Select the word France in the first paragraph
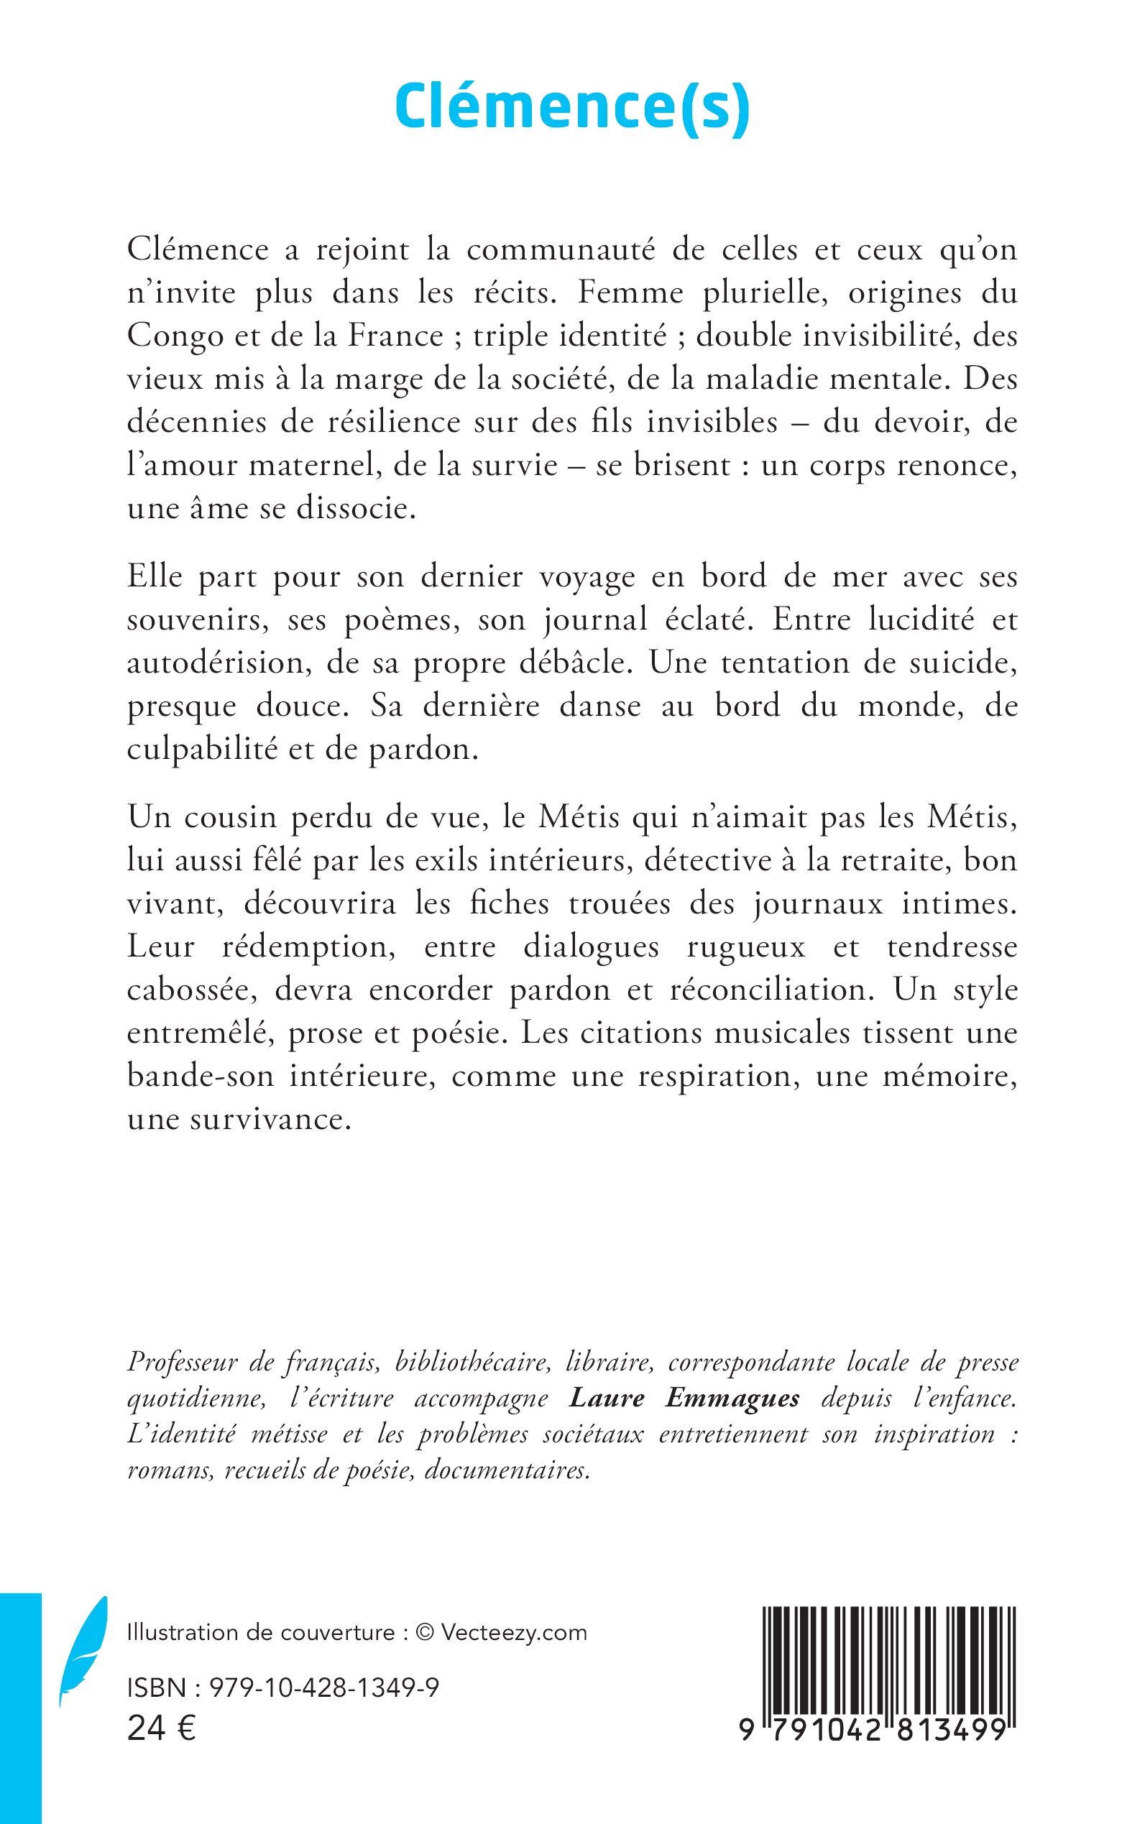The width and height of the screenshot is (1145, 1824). click(395, 336)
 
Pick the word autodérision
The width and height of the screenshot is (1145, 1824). click(215, 663)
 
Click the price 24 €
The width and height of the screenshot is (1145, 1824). click(161, 1728)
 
